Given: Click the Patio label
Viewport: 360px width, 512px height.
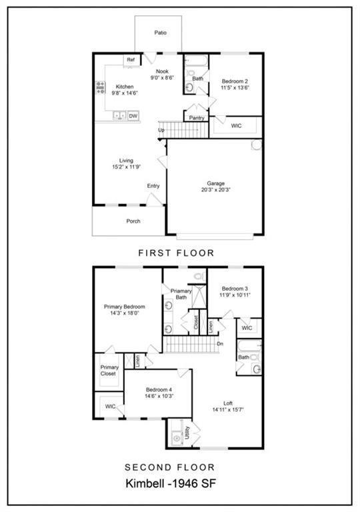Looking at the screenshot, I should [x=160, y=32].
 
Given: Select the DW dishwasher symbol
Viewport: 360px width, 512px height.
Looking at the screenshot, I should [x=133, y=116].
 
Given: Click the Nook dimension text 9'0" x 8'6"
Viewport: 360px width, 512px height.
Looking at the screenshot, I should [x=162, y=78].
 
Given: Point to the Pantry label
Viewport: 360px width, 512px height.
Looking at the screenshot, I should [x=197, y=118].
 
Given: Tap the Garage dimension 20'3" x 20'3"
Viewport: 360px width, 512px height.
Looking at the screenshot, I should [x=215, y=189].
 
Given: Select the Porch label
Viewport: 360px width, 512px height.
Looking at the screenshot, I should [x=133, y=221].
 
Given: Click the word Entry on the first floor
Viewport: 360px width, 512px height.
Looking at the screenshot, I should [x=153, y=186].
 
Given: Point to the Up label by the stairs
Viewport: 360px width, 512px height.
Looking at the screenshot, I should [x=161, y=130].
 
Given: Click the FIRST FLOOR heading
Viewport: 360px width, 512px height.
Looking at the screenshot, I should [x=176, y=253].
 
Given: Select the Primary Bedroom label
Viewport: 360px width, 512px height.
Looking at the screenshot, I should [x=125, y=307].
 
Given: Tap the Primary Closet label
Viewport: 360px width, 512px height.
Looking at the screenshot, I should [x=109, y=370].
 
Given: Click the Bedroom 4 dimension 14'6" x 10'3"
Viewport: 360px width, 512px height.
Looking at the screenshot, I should [x=159, y=396].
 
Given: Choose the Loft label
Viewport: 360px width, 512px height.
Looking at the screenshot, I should [x=228, y=403].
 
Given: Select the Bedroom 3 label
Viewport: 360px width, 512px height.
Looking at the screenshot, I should [x=235, y=288].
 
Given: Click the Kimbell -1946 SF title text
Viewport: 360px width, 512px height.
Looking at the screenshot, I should [x=177, y=483].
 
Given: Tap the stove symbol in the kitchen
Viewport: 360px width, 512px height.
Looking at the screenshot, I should [x=101, y=87].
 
